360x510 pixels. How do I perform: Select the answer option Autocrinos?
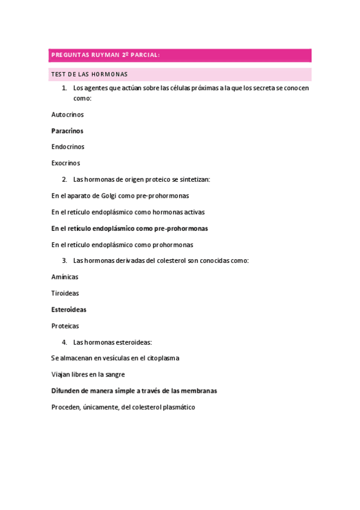tap(67, 114)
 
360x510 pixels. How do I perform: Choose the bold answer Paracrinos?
tap(67, 131)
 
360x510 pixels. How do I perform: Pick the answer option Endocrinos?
tap(68, 147)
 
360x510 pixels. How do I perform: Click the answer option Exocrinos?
tap(66, 163)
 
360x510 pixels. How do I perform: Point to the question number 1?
tap(64, 88)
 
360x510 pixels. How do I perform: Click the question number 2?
tap(64, 179)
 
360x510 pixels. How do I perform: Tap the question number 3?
tap(64, 260)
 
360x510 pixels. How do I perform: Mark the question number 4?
tap(64, 342)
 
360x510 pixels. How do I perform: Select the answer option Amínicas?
tap(65, 277)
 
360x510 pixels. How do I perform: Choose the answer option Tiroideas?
tap(65, 293)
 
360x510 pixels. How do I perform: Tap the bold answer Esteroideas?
tap(69, 310)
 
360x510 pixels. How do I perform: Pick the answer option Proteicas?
tap(65, 326)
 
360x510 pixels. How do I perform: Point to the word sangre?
tap(114, 375)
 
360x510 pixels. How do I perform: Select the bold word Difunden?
tap(66, 391)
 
